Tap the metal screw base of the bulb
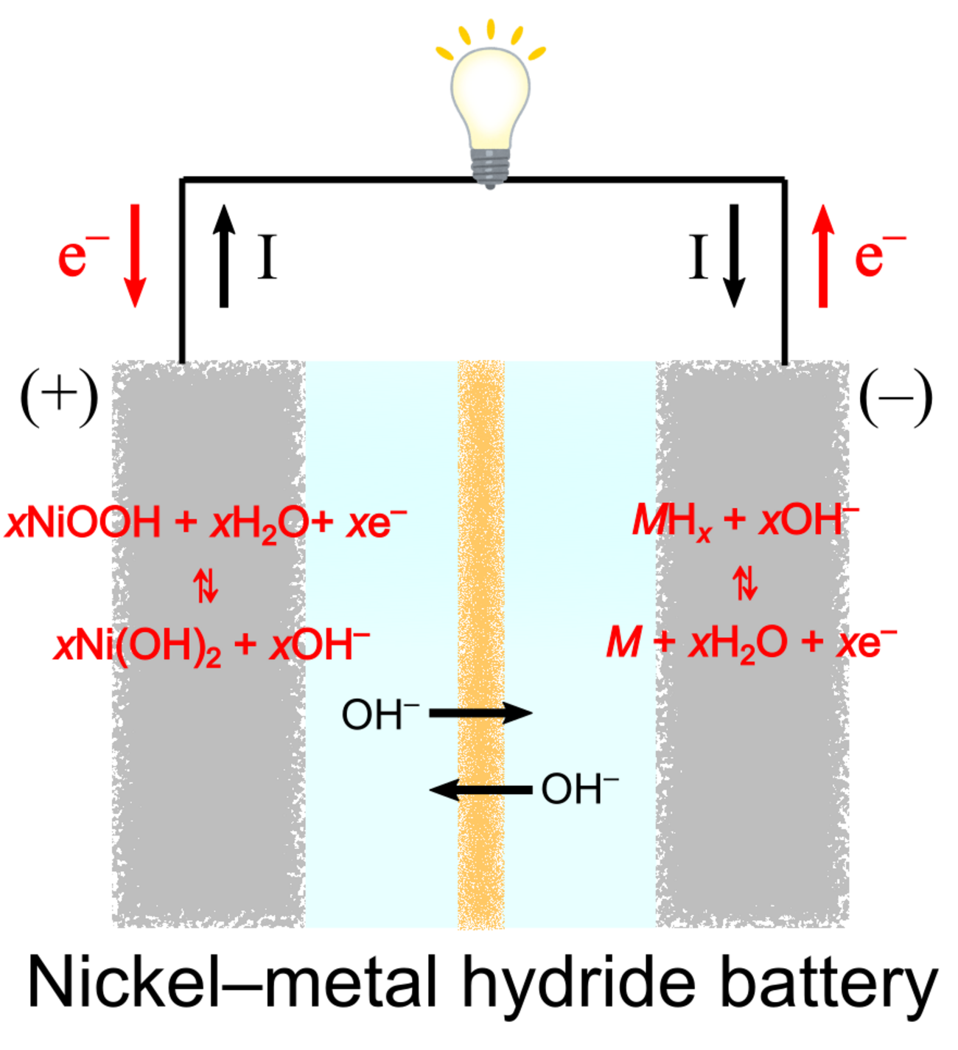[490, 167]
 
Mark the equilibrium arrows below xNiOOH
[206, 585]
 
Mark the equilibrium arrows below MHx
[745, 583]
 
